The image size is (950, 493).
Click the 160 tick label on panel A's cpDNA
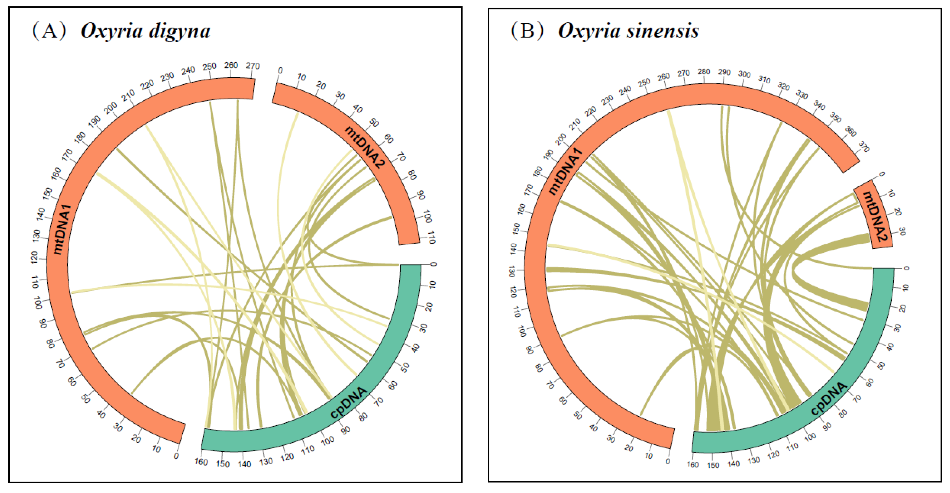coord(201,462)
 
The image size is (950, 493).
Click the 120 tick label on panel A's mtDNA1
coord(34,257)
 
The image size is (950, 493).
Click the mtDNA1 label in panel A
coord(62,229)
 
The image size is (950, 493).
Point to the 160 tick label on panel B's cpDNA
coord(693,464)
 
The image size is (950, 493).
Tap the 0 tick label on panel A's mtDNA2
coord(280,70)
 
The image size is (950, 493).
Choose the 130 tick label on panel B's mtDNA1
coord(511,271)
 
